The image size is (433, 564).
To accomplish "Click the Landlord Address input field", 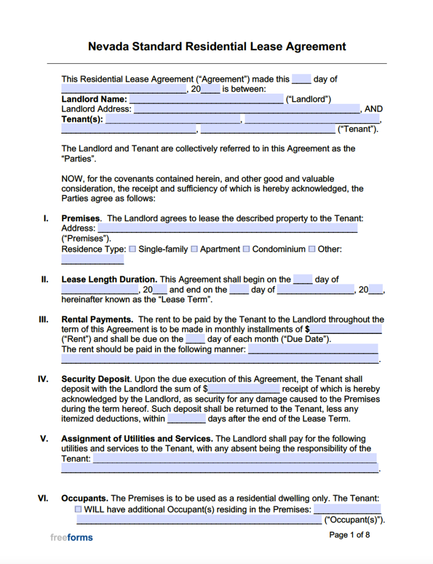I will coord(246,109).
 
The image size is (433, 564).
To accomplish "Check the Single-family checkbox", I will coord(132,249).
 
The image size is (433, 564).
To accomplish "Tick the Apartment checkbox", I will coord(194,249).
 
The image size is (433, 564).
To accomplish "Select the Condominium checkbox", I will coord(246,249).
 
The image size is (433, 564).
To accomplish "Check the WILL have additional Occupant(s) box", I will coord(78,509).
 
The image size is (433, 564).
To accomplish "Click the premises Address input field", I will coord(227,228).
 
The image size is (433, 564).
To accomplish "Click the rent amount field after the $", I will coord(346,329).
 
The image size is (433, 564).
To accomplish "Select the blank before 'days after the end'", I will coord(187,418).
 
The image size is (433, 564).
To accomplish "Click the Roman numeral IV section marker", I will coord(43,379).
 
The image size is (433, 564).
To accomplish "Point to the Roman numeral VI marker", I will coord(43,499).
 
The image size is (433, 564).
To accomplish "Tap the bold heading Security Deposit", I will coord(96,379).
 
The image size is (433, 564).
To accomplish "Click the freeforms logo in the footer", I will coord(71,537).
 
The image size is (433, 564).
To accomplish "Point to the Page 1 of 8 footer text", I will coord(350,535).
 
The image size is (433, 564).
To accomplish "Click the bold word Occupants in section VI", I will coord(85,499).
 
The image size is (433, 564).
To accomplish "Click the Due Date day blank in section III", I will coord(195,339).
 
